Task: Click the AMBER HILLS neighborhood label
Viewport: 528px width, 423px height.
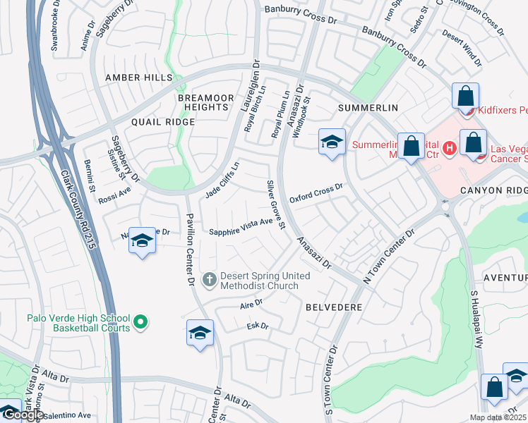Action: tap(138, 77)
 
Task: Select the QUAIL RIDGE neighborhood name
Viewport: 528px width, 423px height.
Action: tap(169, 121)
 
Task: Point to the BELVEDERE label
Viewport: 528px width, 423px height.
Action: tap(334, 307)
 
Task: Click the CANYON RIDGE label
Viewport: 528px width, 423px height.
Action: tap(493, 190)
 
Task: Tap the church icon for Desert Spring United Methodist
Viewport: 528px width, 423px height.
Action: tap(208, 281)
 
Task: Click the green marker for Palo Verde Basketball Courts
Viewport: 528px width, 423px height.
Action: tap(140, 323)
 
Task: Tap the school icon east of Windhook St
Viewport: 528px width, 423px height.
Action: tap(331, 142)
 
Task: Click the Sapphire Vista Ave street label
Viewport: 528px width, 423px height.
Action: tap(241, 227)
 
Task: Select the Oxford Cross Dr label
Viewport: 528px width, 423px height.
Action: tap(316, 192)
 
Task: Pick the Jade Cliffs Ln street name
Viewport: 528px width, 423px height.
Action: tap(222, 180)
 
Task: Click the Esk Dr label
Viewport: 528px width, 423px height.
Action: tap(259, 326)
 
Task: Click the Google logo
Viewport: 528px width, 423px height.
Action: tap(23, 415)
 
